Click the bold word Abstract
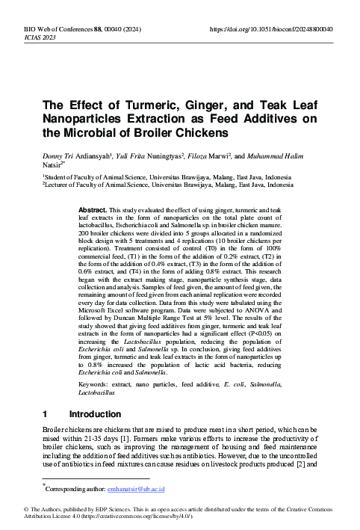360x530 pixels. tap(93, 212)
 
